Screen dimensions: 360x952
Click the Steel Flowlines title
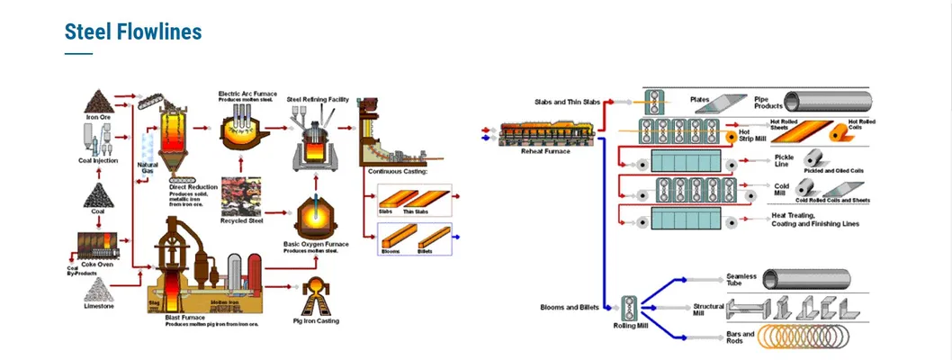pos(133,32)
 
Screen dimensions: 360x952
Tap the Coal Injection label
pos(98,160)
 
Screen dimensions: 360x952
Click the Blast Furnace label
pos(185,317)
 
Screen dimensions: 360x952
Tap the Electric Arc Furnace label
pos(247,93)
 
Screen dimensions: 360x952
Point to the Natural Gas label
pos(148,167)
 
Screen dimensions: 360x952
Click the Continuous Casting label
pos(397,171)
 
